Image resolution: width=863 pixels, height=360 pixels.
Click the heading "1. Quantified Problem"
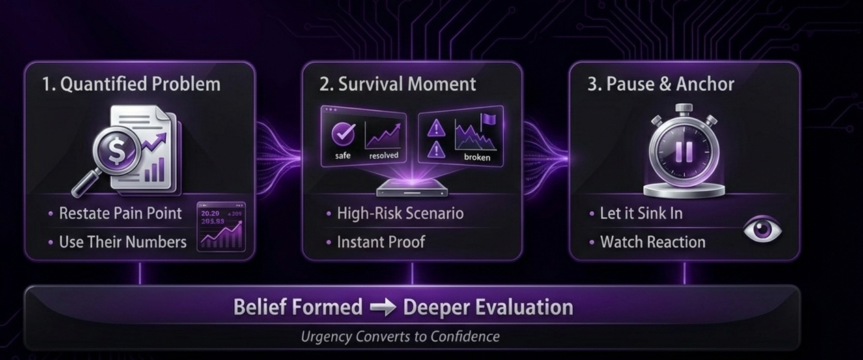tap(131, 84)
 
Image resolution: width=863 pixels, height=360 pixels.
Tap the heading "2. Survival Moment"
tap(398, 84)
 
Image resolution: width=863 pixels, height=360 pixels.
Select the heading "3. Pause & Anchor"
tap(661, 84)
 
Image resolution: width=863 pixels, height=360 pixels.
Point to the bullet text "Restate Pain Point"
tap(120, 213)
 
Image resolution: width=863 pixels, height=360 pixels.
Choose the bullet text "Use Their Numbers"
tap(122, 242)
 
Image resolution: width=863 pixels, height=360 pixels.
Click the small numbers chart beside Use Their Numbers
tap(221, 227)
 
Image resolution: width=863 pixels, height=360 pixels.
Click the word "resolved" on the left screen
tap(383, 156)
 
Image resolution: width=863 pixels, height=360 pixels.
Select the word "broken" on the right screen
tap(477, 158)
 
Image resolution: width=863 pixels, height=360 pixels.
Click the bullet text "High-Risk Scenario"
tap(400, 213)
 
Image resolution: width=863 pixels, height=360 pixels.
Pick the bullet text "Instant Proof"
tap(381, 242)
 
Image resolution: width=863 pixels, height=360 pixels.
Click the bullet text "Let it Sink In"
tap(641, 213)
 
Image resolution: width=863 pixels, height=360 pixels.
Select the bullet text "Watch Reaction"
tap(652, 242)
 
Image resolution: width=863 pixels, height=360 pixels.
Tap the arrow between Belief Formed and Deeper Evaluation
tap(382, 307)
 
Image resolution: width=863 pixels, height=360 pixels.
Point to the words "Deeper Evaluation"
tap(488, 307)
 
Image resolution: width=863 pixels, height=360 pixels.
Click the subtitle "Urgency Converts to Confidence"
tap(400, 336)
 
